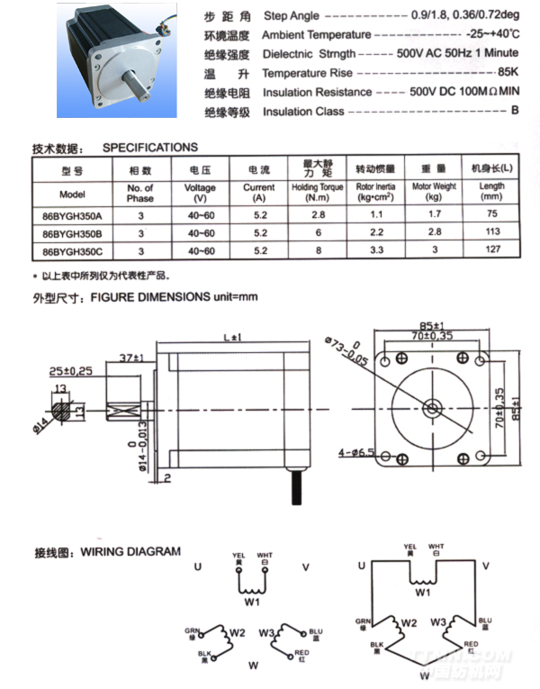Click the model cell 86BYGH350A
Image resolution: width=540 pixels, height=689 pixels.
point(72,216)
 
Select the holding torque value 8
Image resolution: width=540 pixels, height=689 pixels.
point(317,249)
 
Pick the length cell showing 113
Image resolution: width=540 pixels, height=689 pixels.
point(492,232)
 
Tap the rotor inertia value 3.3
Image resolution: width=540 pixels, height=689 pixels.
point(377,249)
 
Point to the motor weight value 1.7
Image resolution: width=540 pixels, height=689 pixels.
point(434,216)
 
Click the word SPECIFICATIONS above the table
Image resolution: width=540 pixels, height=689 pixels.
point(150,148)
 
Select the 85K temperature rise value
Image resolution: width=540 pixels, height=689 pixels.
point(508,72)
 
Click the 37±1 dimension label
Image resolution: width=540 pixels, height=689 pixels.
point(132,358)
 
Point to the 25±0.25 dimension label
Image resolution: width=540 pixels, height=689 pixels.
point(71,370)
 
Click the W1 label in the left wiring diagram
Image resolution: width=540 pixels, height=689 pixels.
point(252,601)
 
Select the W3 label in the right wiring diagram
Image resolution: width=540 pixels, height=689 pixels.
point(438,621)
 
